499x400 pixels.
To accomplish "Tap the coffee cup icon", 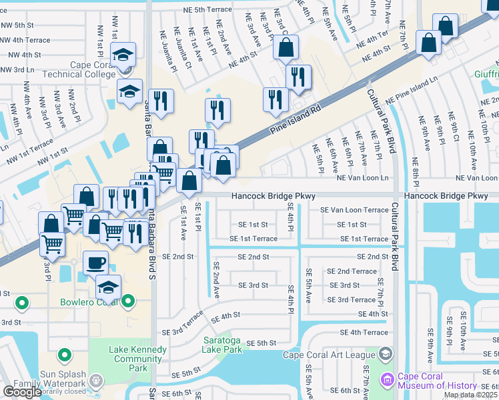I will coord(95,262).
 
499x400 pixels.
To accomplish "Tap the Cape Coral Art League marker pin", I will coord(386,353).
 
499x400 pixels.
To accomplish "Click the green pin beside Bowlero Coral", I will coord(22,303).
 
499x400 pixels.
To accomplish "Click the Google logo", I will coord(22,392).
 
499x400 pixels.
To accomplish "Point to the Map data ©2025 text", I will coord(470,395).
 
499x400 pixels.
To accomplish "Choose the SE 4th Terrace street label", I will coord(364,332).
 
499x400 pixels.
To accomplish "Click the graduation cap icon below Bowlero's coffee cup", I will coord(108,287).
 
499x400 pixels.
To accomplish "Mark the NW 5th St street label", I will coord(17,25).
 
